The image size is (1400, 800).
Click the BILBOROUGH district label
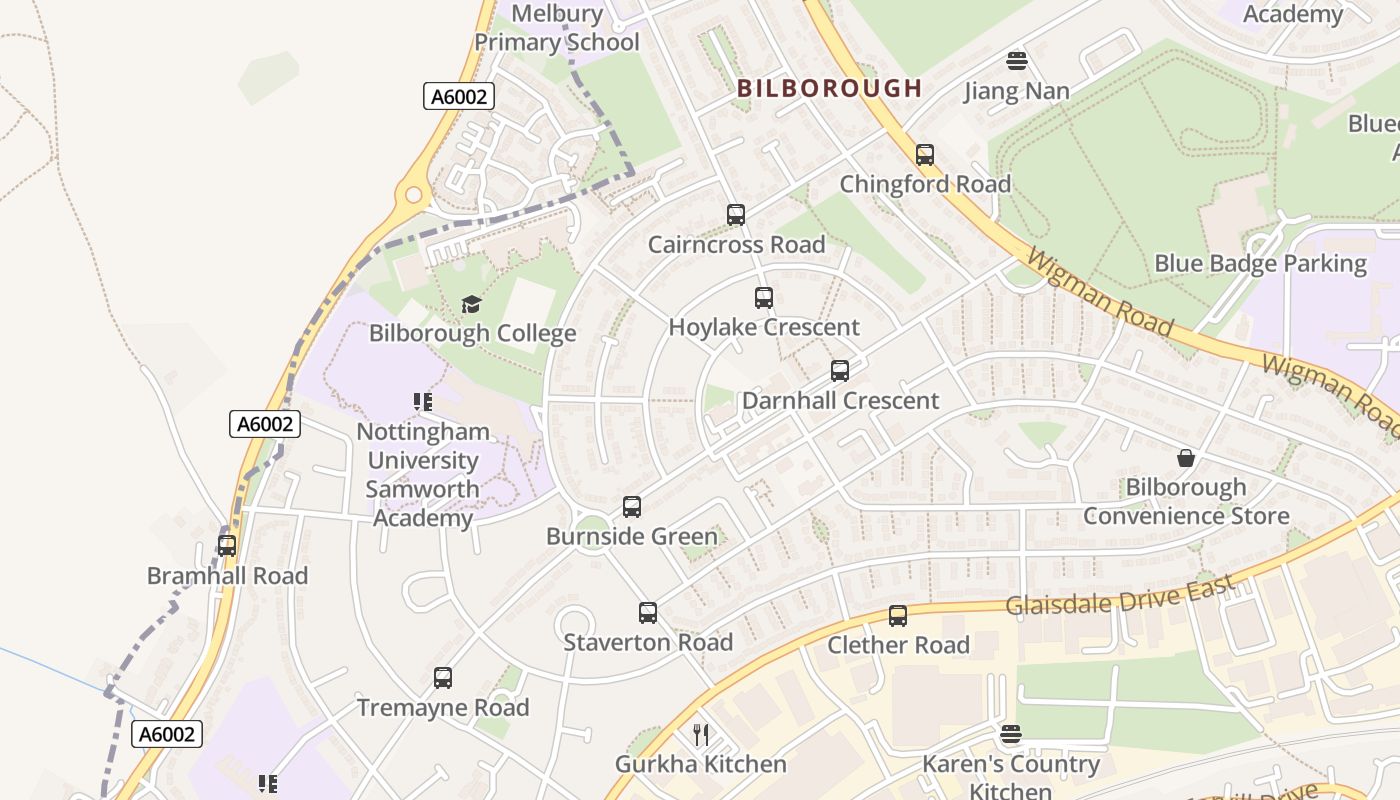(x=829, y=88)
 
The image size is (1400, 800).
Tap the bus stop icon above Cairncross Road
(x=736, y=215)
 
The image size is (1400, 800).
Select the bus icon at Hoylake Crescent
(x=764, y=298)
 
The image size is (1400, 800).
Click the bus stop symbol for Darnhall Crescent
(x=840, y=371)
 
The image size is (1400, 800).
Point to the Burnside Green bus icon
(x=632, y=507)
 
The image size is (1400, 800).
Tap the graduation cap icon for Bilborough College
(x=471, y=304)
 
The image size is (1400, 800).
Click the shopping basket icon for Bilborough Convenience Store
(x=1186, y=458)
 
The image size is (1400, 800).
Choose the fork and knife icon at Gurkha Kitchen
(x=701, y=735)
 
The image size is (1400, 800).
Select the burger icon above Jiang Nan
(x=1017, y=61)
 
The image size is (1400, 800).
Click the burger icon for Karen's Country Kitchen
(x=1011, y=735)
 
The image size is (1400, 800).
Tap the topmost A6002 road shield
(x=459, y=96)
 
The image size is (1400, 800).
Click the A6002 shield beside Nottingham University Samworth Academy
(x=265, y=424)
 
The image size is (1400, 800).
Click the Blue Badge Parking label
(x=1260, y=264)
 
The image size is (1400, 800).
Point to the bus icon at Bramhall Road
(x=227, y=546)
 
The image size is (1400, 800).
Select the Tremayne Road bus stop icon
(x=443, y=678)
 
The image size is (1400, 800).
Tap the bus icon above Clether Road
(x=898, y=616)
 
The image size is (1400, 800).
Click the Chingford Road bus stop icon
(x=925, y=155)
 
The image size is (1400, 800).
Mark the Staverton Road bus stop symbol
(x=648, y=613)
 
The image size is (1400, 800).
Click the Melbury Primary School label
(x=557, y=28)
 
